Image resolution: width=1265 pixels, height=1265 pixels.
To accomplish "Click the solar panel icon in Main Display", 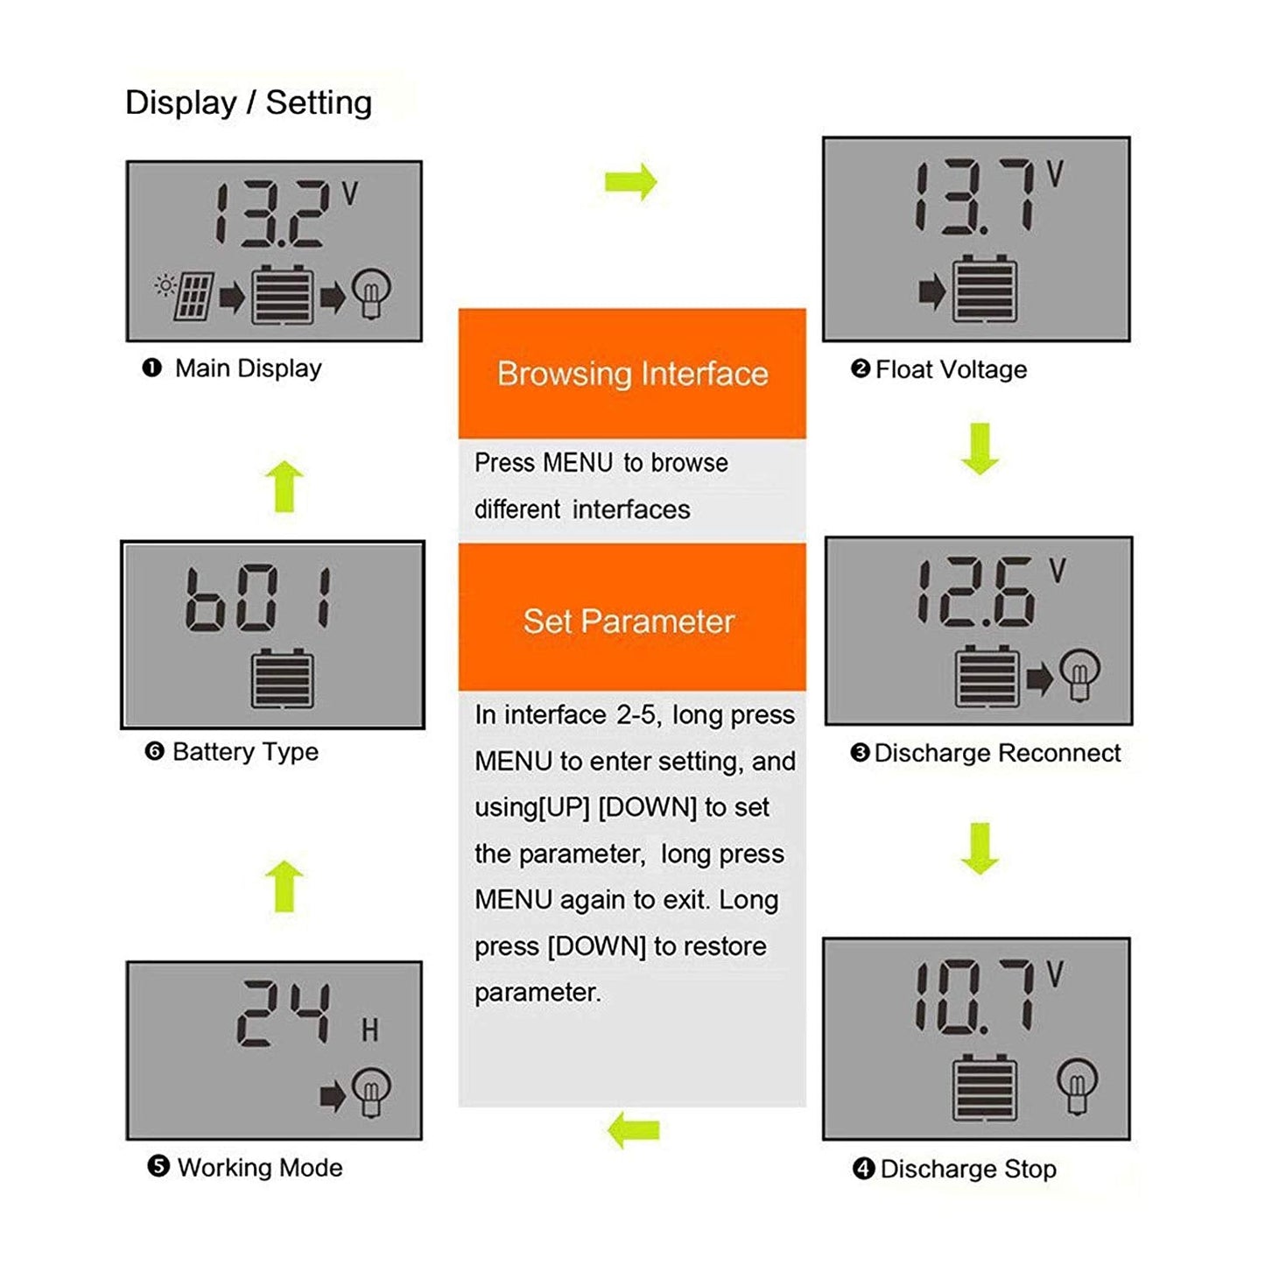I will tap(193, 297).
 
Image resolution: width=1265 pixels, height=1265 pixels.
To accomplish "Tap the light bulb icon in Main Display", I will tap(371, 293).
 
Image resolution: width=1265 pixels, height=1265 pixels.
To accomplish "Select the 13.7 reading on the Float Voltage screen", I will tap(973, 197).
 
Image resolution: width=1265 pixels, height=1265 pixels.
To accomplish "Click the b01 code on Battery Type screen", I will tap(258, 598).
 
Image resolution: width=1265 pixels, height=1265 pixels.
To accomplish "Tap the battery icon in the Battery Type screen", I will tap(282, 679).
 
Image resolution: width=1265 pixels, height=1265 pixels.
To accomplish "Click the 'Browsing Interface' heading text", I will tap(632, 374).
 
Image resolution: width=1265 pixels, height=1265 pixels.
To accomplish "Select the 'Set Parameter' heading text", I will tap(629, 622).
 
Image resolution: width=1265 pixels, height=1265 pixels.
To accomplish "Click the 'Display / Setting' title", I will tap(249, 102).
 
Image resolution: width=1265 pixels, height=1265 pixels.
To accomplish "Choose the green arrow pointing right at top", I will tap(630, 182).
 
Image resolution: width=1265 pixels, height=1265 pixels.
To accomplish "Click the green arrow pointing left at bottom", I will tap(633, 1130).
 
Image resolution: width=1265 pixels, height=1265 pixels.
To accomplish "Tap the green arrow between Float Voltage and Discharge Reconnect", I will tap(980, 448).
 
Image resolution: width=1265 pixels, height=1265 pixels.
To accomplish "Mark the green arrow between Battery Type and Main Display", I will tap(285, 486).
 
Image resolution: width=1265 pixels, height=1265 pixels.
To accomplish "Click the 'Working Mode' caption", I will tap(259, 1168).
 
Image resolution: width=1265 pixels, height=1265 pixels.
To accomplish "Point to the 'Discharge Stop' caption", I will tap(968, 1170).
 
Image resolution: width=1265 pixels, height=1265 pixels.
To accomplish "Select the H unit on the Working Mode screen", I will tap(370, 1030).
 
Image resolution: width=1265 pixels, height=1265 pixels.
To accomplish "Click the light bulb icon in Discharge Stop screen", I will tap(1077, 1085).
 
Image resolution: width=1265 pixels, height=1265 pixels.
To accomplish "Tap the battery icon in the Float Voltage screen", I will tap(985, 289).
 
